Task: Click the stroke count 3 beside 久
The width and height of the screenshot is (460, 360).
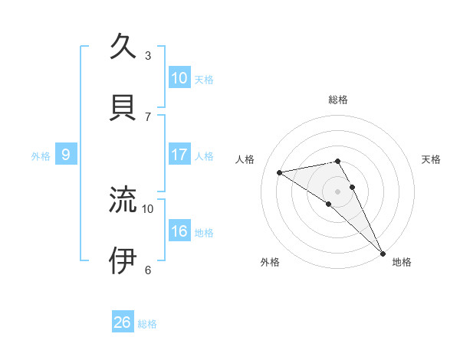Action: click(x=148, y=56)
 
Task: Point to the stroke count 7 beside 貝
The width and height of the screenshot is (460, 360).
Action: click(x=148, y=116)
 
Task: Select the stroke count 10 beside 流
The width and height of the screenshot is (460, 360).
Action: click(x=148, y=208)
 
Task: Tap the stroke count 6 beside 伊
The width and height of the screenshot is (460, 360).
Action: click(x=148, y=270)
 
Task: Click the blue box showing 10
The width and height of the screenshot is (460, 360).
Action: click(x=179, y=78)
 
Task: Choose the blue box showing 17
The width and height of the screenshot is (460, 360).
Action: click(x=179, y=155)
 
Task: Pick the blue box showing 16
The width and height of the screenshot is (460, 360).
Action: click(x=179, y=231)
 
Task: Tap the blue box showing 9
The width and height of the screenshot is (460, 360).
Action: click(x=66, y=155)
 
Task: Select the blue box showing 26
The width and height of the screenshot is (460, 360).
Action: click(x=123, y=322)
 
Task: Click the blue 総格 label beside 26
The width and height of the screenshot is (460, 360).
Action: click(x=148, y=324)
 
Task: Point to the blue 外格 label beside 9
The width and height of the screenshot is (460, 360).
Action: click(x=41, y=156)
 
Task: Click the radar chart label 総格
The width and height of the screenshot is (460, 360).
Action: click(x=338, y=100)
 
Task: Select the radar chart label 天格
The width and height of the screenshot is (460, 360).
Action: click(x=432, y=159)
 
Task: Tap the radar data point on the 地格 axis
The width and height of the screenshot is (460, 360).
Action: click(x=383, y=253)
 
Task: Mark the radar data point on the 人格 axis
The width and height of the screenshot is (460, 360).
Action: click(x=280, y=172)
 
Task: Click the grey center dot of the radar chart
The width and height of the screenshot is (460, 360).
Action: click(x=338, y=191)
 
